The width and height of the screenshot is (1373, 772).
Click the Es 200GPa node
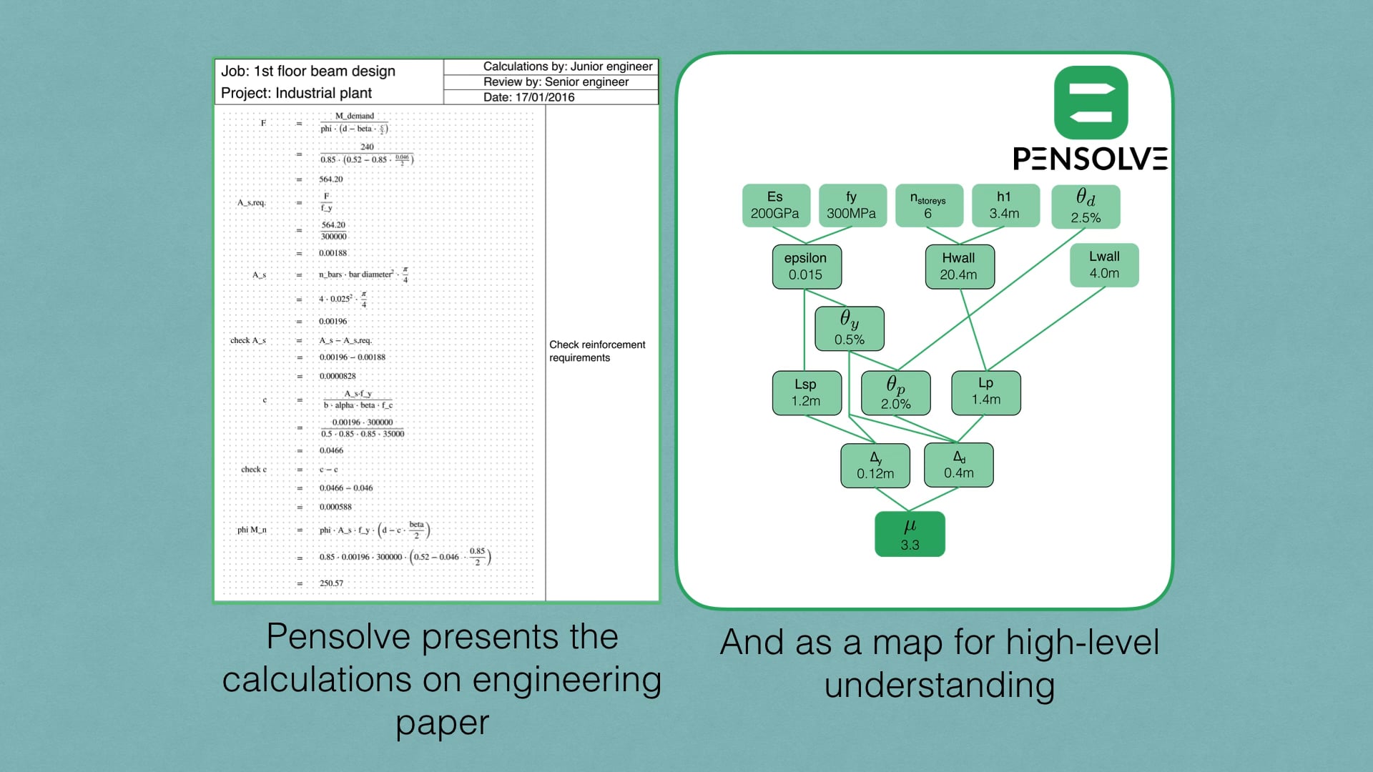[x=776, y=205]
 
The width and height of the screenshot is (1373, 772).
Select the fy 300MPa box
[x=852, y=205]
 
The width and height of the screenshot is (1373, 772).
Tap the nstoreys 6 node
[x=928, y=205]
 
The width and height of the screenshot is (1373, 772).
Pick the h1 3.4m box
[x=1005, y=205]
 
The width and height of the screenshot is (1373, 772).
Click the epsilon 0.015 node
[x=806, y=267]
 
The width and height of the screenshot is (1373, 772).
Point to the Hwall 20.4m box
[x=959, y=267]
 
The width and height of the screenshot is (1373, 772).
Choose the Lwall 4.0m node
[x=1104, y=265]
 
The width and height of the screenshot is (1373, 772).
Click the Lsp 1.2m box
[x=806, y=392]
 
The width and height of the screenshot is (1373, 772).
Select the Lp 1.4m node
[x=985, y=392]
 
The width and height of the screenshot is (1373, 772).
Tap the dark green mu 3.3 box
[x=910, y=534]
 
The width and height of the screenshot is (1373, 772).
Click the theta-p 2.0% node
[x=895, y=392]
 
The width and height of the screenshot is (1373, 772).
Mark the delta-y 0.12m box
[x=875, y=465]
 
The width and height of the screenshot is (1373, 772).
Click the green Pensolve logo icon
[x=1091, y=102]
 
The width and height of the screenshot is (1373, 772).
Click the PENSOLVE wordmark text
[x=1090, y=159]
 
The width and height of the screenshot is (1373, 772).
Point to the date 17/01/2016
[x=529, y=97]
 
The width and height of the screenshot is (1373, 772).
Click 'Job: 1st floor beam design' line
[x=308, y=71]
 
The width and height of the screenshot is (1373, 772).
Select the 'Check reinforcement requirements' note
[x=597, y=351]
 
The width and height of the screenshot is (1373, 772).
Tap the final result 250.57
[x=331, y=583]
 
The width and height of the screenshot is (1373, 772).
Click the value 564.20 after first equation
[x=330, y=179]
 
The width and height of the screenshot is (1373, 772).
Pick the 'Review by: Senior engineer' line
[x=556, y=81]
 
